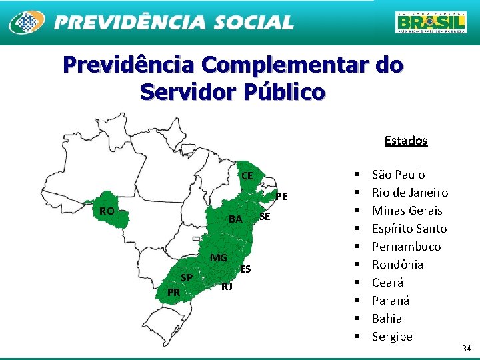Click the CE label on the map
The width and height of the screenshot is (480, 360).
pos(247,176)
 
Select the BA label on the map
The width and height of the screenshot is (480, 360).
pos(235,219)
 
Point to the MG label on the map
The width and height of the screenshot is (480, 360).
pos(219,258)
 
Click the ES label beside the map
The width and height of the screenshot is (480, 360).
pos(245,269)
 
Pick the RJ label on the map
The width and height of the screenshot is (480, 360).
pos(227,286)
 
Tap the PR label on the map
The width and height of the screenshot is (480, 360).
pos(173,292)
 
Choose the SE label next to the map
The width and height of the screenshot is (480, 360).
pos(265,216)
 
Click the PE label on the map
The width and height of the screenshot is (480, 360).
pos(281,196)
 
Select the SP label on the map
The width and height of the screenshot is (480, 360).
pos(187,277)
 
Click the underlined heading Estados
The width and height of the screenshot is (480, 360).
pos(405,141)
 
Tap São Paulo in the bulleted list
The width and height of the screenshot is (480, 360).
pos(398,175)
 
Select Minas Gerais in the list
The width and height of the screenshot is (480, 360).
pos(407,211)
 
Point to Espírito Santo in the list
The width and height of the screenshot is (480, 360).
pos(409,229)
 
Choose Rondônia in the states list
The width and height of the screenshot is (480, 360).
pos(397,265)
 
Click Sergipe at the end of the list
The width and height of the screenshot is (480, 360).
pos(392,337)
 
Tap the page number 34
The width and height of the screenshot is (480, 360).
pos(466,349)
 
